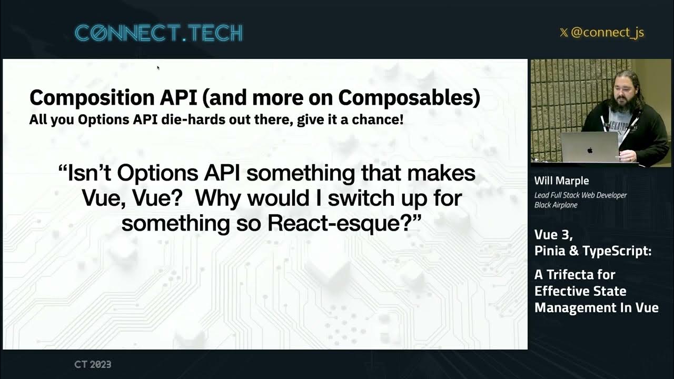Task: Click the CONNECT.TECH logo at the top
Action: pyautogui.click(x=158, y=33)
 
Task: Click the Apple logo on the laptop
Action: pyautogui.click(x=590, y=150)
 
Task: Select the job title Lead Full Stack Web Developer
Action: pyautogui.click(x=580, y=195)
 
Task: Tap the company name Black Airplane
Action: pyautogui.click(x=556, y=205)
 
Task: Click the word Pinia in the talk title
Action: pyautogui.click(x=550, y=251)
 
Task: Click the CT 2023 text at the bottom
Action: pyautogui.click(x=93, y=364)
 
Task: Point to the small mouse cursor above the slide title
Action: pyautogui.click(x=158, y=67)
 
